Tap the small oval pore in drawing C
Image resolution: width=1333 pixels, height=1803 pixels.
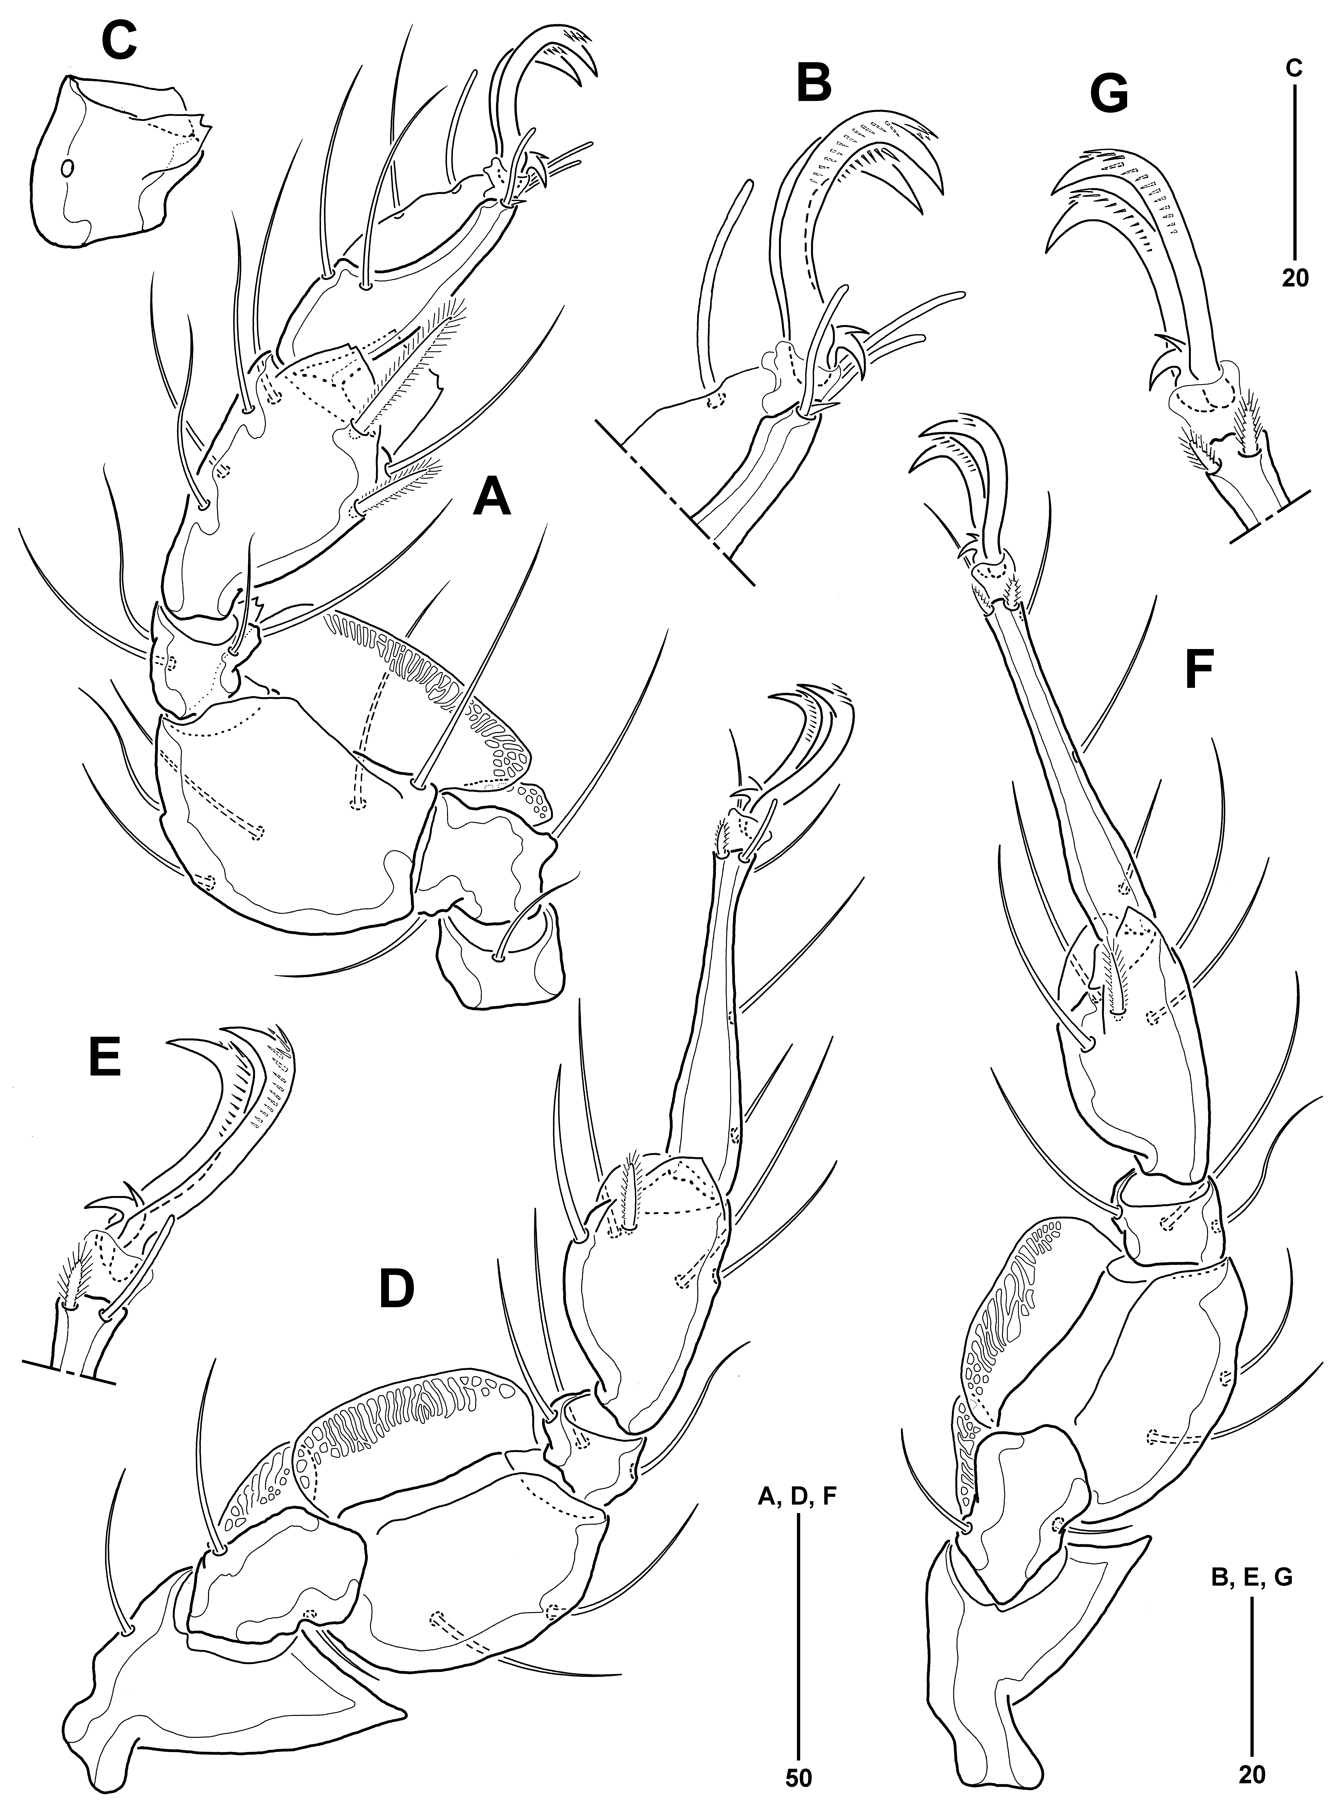(x=68, y=168)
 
